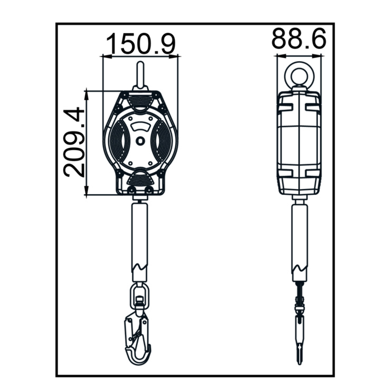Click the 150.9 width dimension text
coord(140,44)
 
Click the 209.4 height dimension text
coord(74,143)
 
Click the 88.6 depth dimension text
coord(299,38)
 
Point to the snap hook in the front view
coord(137,339)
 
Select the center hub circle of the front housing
coord(140,141)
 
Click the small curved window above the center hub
coord(140,127)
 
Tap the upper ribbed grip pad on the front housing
coord(140,101)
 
